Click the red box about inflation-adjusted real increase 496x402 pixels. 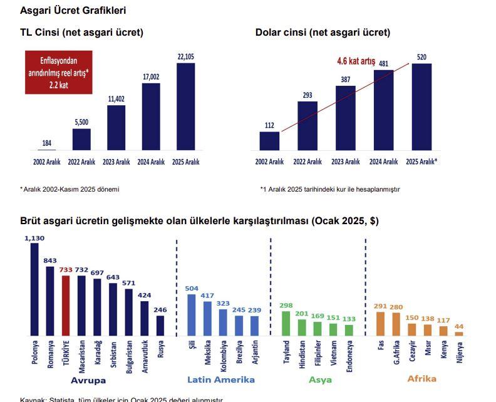tap(58, 72)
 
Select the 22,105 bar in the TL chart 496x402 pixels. tap(186, 106)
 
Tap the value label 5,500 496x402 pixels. tap(81, 123)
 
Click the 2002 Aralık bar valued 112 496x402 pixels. tap(269, 141)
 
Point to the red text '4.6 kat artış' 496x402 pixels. tap(356, 61)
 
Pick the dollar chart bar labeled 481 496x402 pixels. tap(384, 110)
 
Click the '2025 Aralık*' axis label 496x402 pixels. tap(421, 162)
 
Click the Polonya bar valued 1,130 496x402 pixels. tap(34, 289)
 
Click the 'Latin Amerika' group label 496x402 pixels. tap(221, 379)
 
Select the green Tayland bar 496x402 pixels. tap(286, 323)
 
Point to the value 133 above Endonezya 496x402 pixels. tap(349, 319)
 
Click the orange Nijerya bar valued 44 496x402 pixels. tap(459, 333)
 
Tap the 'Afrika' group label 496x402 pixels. tap(421, 379)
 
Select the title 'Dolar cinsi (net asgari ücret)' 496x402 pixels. tap(323, 33)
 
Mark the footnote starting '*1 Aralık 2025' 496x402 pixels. tap(330, 188)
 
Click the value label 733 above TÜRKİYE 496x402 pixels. tap(66, 270)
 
